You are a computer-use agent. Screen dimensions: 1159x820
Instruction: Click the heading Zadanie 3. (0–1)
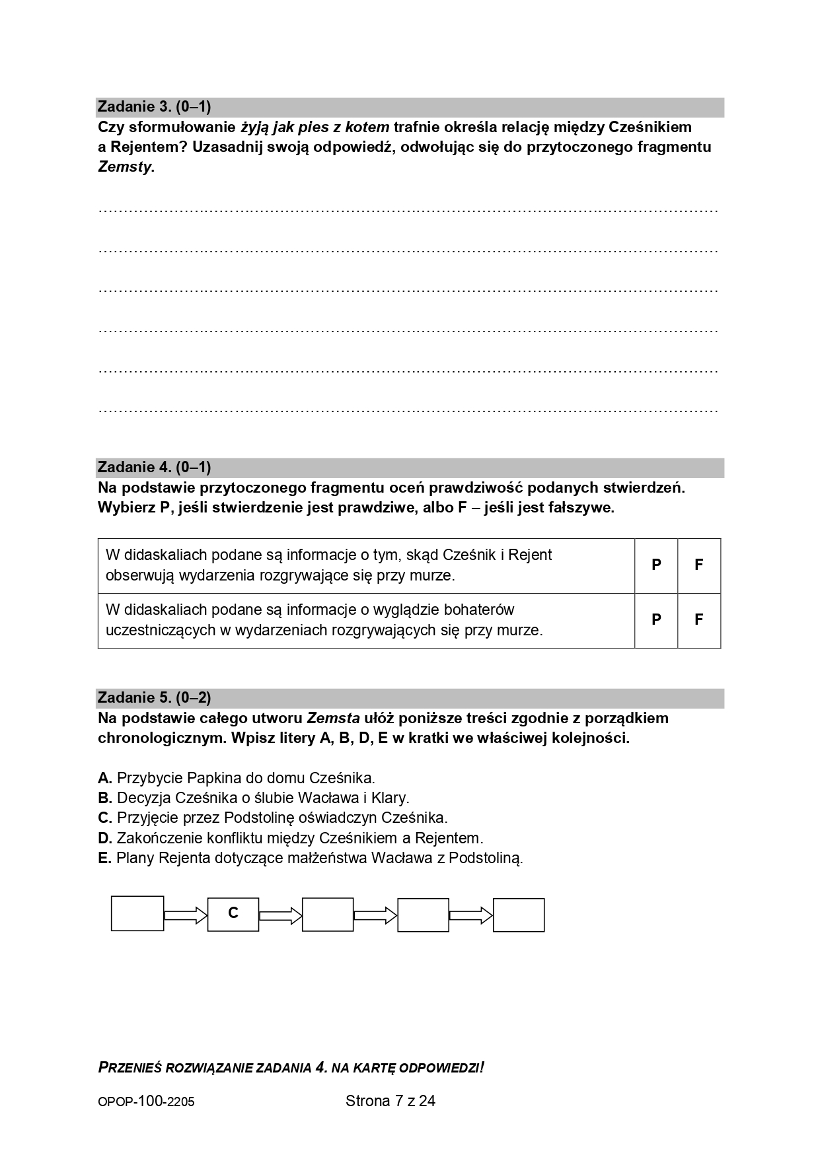point(154,107)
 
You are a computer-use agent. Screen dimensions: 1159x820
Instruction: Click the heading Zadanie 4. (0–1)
point(154,468)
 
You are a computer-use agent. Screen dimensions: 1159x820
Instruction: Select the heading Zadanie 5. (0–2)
point(154,698)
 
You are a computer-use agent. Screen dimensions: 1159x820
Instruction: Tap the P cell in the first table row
point(656,565)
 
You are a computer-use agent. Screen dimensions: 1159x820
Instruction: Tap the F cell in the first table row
point(698,565)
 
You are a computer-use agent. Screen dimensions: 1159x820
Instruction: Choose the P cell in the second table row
point(656,620)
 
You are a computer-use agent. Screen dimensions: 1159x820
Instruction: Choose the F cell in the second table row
point(698,620)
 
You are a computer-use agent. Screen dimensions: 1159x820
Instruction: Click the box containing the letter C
point(233,914)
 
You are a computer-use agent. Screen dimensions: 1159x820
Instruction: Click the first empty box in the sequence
point(137,914)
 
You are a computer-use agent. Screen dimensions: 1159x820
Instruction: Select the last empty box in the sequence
point(519,915)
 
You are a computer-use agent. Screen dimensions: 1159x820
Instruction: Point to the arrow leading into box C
point(186,915)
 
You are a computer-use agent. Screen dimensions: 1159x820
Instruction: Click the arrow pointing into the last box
point(470,915)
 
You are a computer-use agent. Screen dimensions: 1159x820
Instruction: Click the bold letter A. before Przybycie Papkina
point(105,778)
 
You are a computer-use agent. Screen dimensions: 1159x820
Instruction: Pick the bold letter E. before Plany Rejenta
point(104,859)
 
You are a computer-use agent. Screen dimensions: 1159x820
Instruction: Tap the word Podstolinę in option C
point(262,818)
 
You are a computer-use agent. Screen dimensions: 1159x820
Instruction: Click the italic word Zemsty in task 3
point(125,167)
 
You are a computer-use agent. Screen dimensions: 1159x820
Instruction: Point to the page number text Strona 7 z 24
point(390,1101)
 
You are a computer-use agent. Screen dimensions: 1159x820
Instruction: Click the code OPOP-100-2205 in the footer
point(146,1102)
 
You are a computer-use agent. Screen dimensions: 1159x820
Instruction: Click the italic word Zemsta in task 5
point(333,719)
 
